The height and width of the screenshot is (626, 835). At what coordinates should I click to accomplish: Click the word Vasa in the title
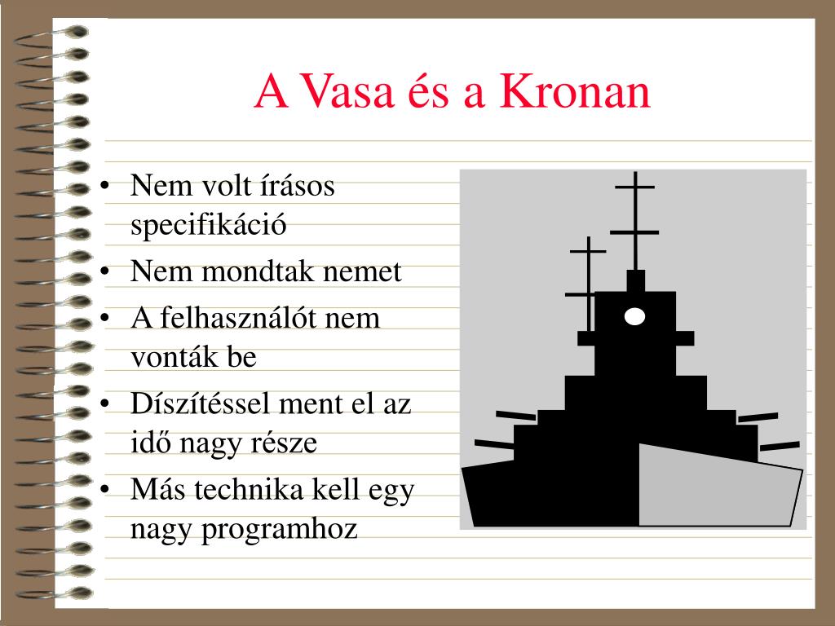348,91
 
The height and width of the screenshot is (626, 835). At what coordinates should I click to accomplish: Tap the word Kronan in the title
575,91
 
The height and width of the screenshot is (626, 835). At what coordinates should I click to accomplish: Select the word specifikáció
208,225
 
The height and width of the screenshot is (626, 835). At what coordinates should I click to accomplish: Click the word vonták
175,357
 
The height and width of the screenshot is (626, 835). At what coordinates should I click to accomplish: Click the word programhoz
279,530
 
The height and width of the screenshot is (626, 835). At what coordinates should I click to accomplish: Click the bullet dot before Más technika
105,489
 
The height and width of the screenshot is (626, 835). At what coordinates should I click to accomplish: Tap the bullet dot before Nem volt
105,185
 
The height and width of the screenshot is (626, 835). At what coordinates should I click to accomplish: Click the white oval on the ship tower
634,316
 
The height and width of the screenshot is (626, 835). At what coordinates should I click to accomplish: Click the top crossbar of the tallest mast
634,187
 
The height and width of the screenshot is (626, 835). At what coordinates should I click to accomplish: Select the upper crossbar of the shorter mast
588,251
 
